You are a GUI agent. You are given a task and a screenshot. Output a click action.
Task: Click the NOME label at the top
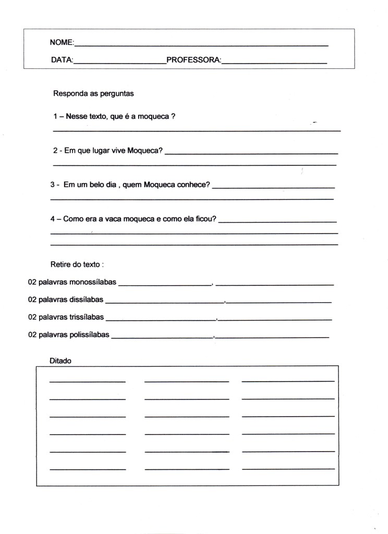click(62, 42)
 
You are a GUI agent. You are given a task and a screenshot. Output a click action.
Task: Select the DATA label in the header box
click(62, 60)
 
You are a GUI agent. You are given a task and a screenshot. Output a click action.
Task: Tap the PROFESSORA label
click(193, 60)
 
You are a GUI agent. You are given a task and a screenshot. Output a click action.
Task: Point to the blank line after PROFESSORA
click(274, 63)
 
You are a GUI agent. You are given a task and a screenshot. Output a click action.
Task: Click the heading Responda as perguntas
click(93, 94)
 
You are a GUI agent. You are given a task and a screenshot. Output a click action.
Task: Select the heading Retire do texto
click(77, 265)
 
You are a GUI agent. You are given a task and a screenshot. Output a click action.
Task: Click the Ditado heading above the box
click(60, 360)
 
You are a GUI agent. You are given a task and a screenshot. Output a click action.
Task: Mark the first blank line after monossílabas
click(164, 285)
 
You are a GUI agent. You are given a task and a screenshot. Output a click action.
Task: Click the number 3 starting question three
click(53, 185)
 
